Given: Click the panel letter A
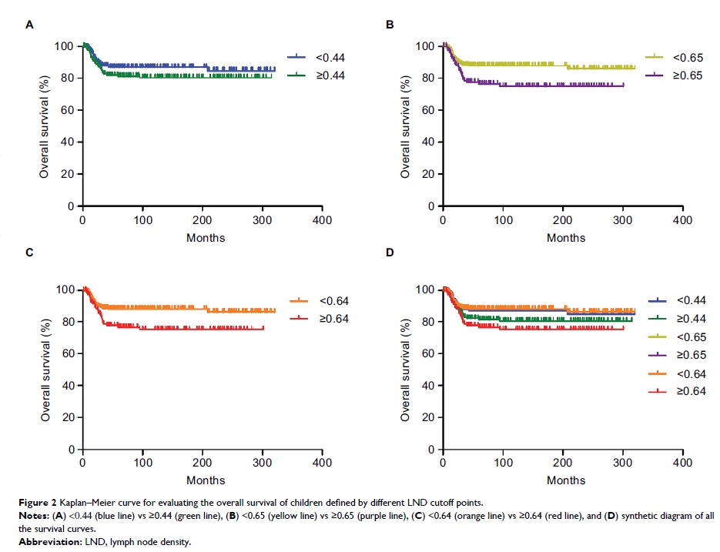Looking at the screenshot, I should click(x=30, y=25).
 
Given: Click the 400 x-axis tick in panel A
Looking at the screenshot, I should click(x=322, y=220).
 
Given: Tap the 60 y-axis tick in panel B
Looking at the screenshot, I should click(x=424, y=110).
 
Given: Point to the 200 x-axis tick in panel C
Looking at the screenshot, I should click(x=203, y=463).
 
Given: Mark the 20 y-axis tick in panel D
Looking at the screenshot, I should click(x=424, y=417).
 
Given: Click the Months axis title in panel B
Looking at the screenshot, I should click(x=566, y=238).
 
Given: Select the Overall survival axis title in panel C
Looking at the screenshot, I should click(x=46, y=370).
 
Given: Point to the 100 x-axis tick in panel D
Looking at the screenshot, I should click(x=503, y=463).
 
